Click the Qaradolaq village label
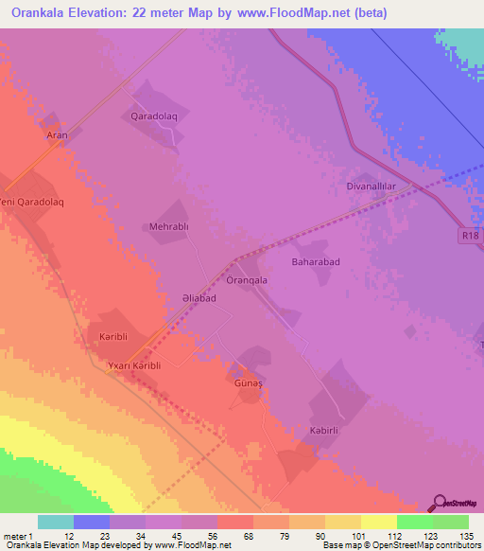coord(155,116)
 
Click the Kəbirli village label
coord(324,431)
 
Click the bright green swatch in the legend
coord(414,522)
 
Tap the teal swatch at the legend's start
coord(55,522)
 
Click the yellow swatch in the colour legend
coord(378,522)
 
